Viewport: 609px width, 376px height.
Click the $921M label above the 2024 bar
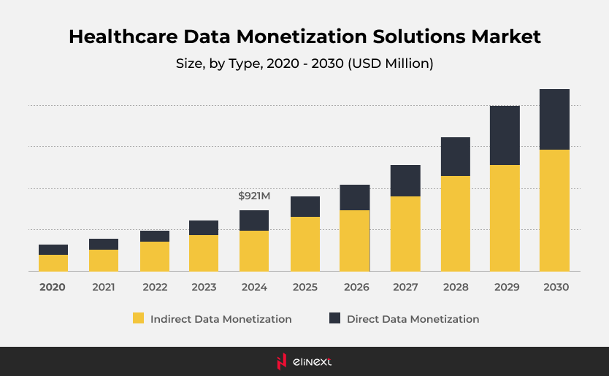click(x=254, y=196)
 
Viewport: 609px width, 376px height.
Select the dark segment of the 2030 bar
click(x=554, y=119)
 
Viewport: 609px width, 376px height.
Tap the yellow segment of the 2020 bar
click(x=53, y=263)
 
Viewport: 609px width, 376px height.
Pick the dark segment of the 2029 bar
click(x=505, y=135)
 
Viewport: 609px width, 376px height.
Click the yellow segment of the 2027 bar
click(x=405, y=234)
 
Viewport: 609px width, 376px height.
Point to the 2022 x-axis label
click(x=155, y=288)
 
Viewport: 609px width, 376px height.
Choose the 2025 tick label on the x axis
click(x=305, y=288)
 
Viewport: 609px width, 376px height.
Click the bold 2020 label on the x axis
click(x=53, y=288)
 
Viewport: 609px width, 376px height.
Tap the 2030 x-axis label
click(x=556, y=288)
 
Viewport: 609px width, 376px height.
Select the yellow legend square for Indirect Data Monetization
click(x=138, y=318)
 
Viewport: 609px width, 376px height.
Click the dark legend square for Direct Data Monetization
click(x=334, y=318)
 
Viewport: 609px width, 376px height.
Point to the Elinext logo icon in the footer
click(x=281, y=361)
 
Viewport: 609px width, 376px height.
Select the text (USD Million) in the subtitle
click(x=390, y=64)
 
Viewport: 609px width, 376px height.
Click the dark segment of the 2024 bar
click(x=254, y=220)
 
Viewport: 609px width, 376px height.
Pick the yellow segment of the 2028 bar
click(x=455, y=223)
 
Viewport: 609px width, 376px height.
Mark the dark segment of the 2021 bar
click(x=104, y=244)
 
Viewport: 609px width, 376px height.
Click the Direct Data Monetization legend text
click(x=413, y=319)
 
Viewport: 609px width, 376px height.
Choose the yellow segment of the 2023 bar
click(x=204, y=253)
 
